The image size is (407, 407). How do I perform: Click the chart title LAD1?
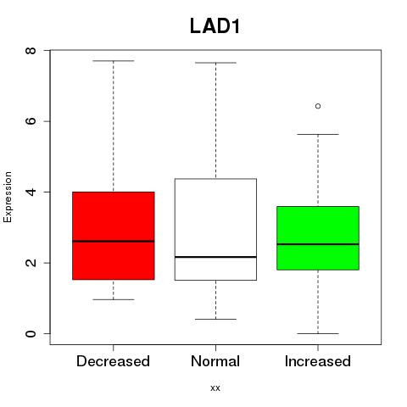(215, 26)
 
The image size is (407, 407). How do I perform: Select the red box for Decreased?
(114, 236)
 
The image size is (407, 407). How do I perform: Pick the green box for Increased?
(318, 238)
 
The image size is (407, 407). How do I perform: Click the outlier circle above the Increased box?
(318, 106)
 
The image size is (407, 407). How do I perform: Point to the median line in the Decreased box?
(114, 241)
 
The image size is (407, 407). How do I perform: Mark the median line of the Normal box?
(215, 257)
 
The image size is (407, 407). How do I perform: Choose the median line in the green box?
(318, 244)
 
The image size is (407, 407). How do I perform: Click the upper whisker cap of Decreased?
(114, 61)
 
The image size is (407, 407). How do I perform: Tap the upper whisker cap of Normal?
(215, 63)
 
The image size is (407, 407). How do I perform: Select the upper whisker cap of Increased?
(318, 134)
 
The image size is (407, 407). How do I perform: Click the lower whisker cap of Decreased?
(114, 299)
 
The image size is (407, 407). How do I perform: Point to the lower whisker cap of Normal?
(215, 319)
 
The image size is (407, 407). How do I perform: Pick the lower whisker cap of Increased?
(318, 333)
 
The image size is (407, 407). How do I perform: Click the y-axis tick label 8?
(31, 51)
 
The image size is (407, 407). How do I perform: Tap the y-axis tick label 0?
(31, 333)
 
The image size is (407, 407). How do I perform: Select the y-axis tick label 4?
(31, 192)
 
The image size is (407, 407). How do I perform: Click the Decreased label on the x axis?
(113, 361)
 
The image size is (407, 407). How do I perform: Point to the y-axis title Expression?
(8, 197)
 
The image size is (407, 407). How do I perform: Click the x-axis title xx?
(215, 388)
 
